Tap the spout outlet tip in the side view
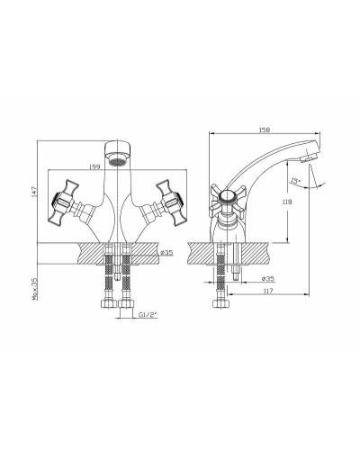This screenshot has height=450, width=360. [x=310, y=157]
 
